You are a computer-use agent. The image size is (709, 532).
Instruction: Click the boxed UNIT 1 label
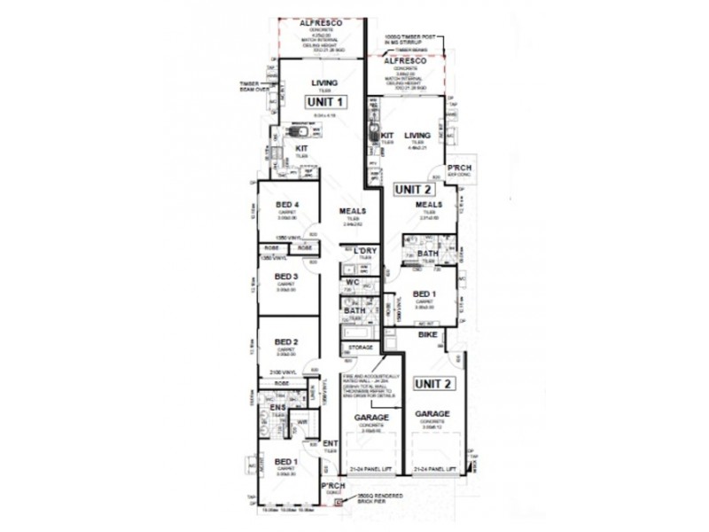pyautogui.click(x=324, y=102)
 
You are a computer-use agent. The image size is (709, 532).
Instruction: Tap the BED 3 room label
pyautogui.click(x=285, y=277)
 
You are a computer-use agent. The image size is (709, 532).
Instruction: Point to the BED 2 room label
pyautogui.click(x=285, y=342)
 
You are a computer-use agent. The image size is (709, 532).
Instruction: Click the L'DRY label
pyautogui.click(x=365, y=251)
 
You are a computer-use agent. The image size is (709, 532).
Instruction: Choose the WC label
pyautogui.click(x=352, y=283)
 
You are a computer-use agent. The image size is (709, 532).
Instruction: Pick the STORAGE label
pyautogui.click(x=360, y=348)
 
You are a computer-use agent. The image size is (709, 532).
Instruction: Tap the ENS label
pyautogui.click(x=277, y=408)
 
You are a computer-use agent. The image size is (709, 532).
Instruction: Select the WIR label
pyautogui.click(x=301, y=421)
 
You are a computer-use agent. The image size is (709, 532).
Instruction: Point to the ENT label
pyautogui.click(x=330, y=443)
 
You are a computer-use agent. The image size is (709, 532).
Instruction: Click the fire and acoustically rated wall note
pyautogui.click(x=377, y=382)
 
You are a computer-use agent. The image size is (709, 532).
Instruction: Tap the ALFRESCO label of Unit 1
pyautogui.click(x=321, y=22)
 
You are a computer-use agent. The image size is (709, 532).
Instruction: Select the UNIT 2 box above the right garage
pyautogui.click(x=434, y=384)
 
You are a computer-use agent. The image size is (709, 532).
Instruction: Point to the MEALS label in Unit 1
pyautogui.click(x=352, y=211)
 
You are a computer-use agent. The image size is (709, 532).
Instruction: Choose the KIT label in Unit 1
pyautogui.click(x=301, y=148)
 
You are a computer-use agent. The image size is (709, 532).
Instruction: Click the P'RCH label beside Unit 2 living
pyautogui.click(x=458, y=168)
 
